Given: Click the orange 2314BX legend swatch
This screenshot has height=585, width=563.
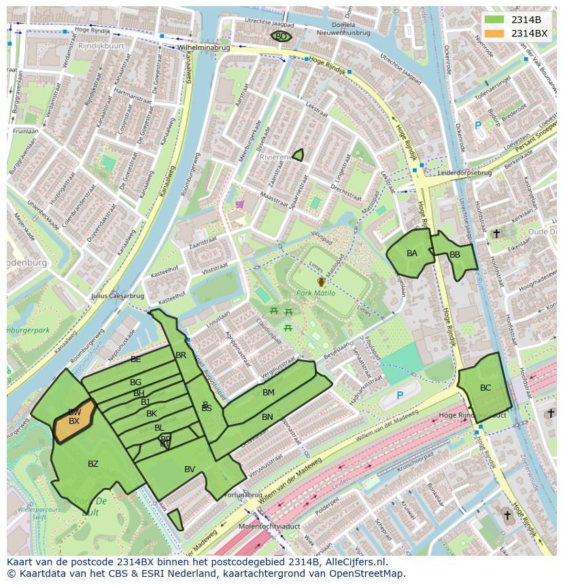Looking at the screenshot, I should click(x=494, y=33).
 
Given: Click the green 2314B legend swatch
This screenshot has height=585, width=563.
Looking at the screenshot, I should click(x=494, y=20).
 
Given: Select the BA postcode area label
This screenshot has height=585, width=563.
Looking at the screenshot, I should click(x=412, y=253).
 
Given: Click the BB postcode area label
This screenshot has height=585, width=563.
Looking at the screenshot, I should click(x=455, y=255).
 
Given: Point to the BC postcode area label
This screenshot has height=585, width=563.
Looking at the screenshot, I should click(x=485, y=388).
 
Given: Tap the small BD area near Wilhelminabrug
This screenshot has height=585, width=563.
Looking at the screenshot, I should click(x=281, y=37).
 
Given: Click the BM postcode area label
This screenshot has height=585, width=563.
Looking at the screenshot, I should click(x=269, y=393).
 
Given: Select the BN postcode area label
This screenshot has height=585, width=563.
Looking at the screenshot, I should click(x=267, y=417).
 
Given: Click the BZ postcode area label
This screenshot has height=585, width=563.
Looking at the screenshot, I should click(x=93, y=464).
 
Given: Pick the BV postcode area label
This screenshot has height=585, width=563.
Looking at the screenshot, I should click(x=190, y=469).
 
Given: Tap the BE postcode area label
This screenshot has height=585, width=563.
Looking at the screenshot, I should click(x=136, y=359).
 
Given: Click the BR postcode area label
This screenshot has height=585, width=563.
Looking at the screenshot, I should click(x=181, y=355).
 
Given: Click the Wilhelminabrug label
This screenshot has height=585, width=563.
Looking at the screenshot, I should click(x=203, y=48).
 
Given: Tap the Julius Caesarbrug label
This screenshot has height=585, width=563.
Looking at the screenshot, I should click(x=117, y=296).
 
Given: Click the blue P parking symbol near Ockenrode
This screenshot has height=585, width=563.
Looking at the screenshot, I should click(x=478, y=125).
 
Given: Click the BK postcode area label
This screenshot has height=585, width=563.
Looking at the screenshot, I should click(x=152, y=414).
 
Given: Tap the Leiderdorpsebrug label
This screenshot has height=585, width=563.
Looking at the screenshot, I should click(x=464, y=173).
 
